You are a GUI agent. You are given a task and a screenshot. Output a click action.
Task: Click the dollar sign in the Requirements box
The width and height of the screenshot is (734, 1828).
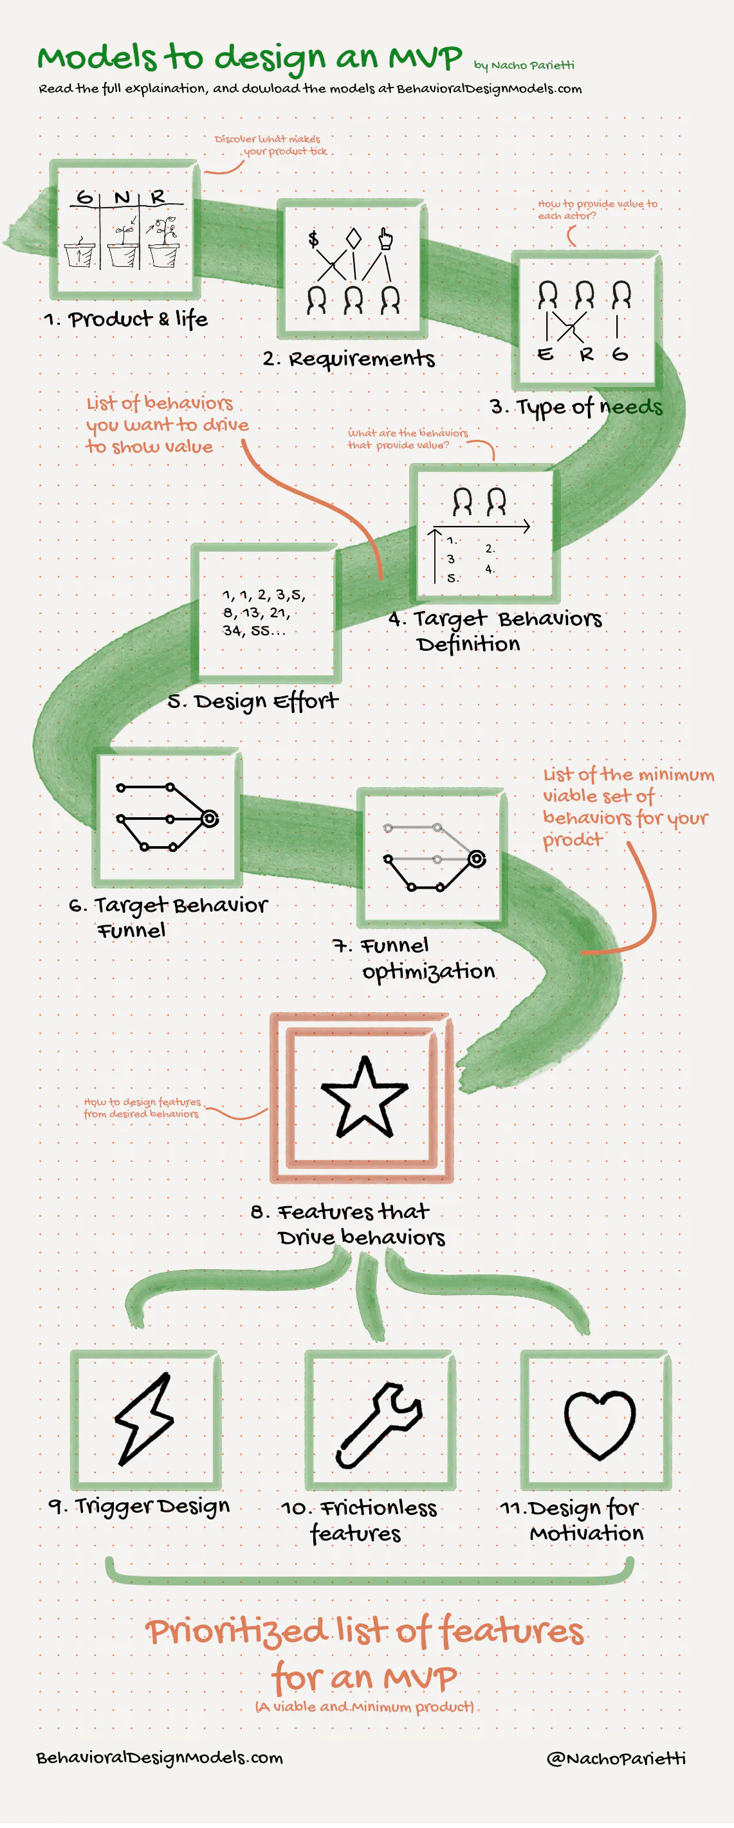(x=313, y=239)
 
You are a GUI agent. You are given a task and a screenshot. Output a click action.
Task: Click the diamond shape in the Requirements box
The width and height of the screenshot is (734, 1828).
(x=353, y=239)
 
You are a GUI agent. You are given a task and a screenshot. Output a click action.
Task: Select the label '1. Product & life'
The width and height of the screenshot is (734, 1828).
(x=125, y=320)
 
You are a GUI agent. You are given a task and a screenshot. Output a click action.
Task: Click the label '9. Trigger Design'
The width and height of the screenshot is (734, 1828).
(x=139, y=1506)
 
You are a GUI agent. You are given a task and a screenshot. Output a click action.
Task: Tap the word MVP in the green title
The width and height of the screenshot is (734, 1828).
(x=425, y=57)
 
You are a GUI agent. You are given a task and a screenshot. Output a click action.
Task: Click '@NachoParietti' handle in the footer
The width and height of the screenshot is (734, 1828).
(x=616, y=1758)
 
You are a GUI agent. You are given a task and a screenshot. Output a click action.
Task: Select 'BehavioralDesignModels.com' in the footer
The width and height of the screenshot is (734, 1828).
(x=160, y=1758)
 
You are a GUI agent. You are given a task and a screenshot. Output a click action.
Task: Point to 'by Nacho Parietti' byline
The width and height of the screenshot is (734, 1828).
(x=524, y=66)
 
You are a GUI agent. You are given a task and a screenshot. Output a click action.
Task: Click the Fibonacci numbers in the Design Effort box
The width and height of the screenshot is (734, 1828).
(x=263, y=612)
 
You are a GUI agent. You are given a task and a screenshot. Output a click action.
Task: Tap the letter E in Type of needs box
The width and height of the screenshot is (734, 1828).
(x=545, y=354)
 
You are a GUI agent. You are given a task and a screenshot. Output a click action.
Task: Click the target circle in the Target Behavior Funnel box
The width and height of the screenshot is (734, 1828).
(x=210, y=819)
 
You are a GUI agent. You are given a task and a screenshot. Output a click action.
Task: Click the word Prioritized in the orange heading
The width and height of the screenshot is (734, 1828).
(x=237, y=1631)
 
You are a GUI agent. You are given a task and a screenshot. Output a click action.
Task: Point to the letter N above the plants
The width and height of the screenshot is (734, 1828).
(x=123, y=197)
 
